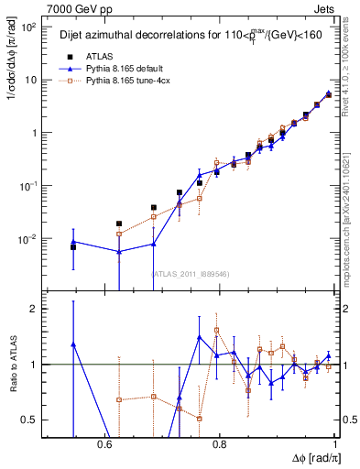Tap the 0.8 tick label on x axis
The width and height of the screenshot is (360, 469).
[x=220, y=442]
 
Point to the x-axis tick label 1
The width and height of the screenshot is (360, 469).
[x=336, y=442]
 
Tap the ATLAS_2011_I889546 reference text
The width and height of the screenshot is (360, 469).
[x=190, y=274]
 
